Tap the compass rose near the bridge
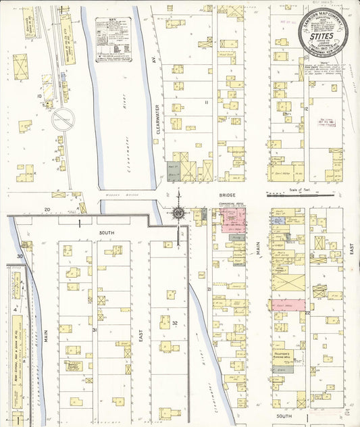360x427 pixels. tap(178, 214)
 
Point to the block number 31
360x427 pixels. tap(95, 330)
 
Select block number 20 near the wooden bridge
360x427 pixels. tap(47, 210)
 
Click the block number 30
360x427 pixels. tap(20, 257)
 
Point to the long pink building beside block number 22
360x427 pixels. tap(287, 305)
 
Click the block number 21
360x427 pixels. tap(209, 290)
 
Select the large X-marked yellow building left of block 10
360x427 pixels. tap(19, 67)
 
